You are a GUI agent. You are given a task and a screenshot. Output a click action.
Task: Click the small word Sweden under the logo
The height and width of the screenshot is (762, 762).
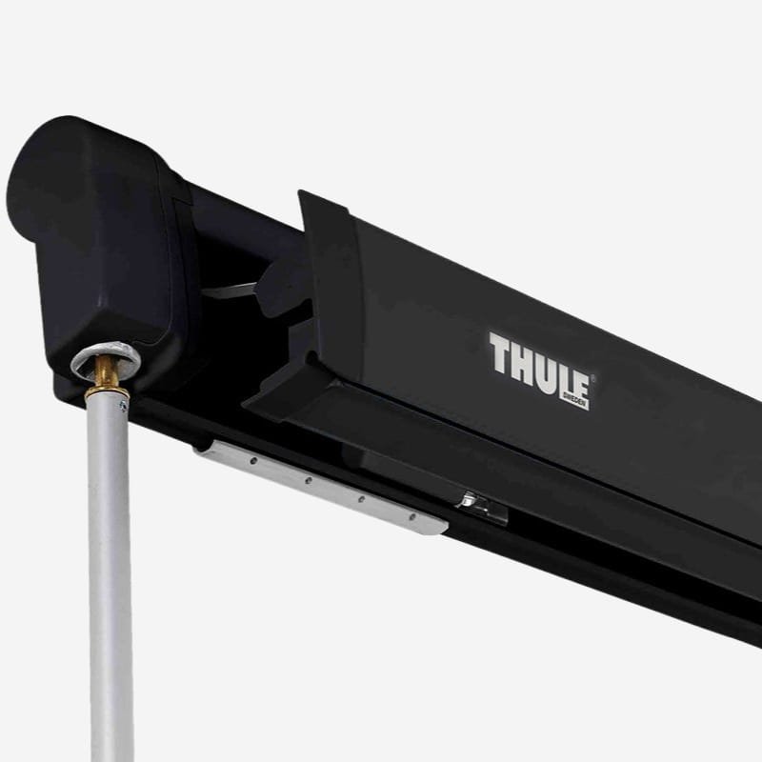click(575, 401)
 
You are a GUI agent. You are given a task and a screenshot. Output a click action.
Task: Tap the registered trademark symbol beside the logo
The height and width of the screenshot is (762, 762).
click(592, 376)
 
